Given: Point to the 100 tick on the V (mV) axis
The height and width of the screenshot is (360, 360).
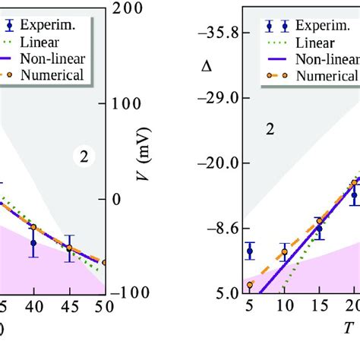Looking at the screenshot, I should (x=126, y=104).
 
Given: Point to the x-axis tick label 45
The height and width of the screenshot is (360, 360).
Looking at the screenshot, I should (x=68, y=307).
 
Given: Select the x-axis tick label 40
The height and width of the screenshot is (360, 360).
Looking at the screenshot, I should (x=33, y=307).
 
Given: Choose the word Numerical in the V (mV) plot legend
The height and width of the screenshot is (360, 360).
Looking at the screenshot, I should (x=52, y=75).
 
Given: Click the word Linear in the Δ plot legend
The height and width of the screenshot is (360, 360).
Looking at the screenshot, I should (x=308, y=43).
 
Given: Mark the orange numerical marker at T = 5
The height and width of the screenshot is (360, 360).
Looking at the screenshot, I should (x=249, y=286).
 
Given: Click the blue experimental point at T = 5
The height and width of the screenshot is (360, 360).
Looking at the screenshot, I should (x=249, y=251).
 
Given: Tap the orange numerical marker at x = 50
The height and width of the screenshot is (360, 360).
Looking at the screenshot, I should (x=104, y=262).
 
